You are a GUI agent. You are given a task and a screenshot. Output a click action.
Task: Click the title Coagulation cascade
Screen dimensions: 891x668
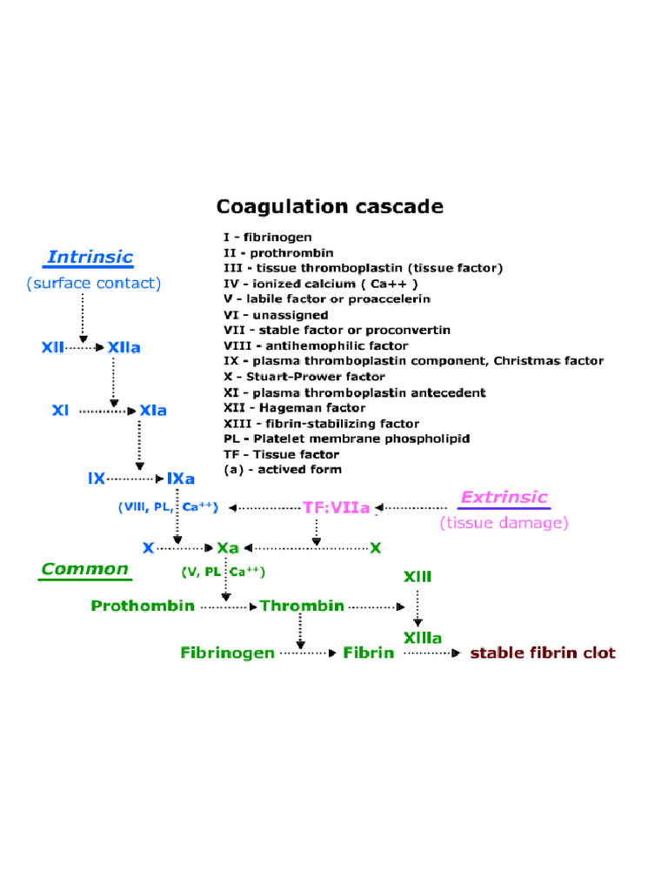pos(330,207)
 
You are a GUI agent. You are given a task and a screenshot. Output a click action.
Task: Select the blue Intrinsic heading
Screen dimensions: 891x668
pos(90,257)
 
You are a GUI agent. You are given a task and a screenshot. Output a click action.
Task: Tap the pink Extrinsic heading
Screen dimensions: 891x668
pos(504,498)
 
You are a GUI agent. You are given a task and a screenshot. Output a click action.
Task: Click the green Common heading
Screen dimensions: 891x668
pos(84,570)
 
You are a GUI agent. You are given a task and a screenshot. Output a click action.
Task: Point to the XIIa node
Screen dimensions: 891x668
pos(124,347)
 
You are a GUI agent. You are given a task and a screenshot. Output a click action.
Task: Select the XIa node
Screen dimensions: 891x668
pos(153,410)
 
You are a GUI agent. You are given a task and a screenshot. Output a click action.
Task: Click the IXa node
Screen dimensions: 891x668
pos(181,479)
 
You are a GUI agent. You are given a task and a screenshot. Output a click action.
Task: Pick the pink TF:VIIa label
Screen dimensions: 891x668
pos(336,507)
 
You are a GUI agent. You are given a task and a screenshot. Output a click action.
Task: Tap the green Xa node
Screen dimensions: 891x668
pos(228,548)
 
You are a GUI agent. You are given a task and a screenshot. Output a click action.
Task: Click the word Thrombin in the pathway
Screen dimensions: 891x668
pos(302,606)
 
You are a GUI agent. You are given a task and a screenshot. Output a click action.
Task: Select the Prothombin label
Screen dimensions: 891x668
pos(143,606)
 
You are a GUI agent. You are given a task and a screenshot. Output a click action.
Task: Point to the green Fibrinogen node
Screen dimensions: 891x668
pos(227,653)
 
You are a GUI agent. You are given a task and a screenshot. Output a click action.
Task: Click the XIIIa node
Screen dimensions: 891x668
pos(422,638)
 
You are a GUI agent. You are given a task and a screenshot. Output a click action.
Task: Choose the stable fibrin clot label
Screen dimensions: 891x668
pos(543,653)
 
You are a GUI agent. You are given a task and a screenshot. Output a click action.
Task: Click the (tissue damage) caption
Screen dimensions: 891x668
pos(504,523)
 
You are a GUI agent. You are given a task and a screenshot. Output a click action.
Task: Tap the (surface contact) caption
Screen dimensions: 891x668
pos(93,283)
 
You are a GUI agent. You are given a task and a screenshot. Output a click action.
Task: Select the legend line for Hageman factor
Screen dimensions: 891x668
pos(294,407)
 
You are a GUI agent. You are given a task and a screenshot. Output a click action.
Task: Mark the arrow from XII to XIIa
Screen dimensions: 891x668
pos(84,347)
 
